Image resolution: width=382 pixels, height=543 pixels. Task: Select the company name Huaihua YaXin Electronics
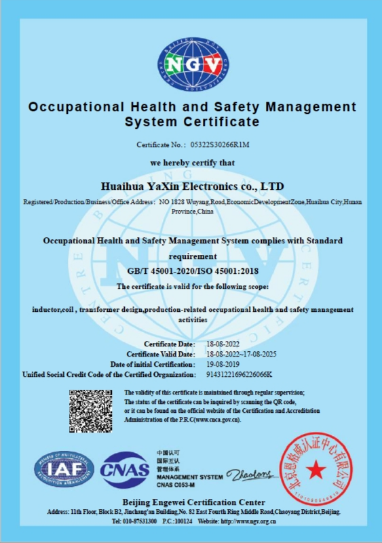192,186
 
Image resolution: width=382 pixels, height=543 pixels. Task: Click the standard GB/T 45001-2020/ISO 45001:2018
192,271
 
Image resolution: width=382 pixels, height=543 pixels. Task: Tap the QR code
90,411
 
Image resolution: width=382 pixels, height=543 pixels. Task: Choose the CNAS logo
125,468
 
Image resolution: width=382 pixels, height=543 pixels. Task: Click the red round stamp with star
316,468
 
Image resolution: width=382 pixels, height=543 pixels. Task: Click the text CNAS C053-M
176,486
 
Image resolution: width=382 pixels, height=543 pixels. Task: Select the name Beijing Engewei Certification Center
192,501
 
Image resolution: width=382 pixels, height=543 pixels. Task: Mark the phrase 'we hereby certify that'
192,163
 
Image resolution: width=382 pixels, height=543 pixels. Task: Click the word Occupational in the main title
75,107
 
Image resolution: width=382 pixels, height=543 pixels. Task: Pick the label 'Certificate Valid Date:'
161,355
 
